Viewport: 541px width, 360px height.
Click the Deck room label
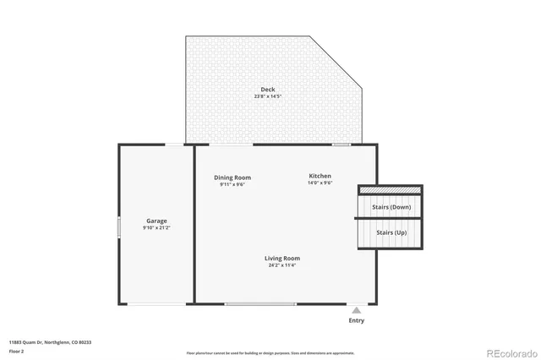click(x=267, y=90)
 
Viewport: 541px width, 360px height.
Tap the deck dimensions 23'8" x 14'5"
click(x=267, y=96)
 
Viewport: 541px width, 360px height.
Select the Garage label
click(x=156, y=221)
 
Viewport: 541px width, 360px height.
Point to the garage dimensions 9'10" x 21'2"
click(x=156, y=227)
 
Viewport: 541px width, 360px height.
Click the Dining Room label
click(x=232, y=177)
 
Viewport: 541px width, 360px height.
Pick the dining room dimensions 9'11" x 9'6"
click(x=232, y=184)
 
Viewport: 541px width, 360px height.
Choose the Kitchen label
click(x=320, y=176)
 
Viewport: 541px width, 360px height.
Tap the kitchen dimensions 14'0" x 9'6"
click(x=320, y=183)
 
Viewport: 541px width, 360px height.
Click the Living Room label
click(x=282, y=259)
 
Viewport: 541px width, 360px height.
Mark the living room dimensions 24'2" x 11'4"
click(x=282, y=265)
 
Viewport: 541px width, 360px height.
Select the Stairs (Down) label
click(x=391, y=207)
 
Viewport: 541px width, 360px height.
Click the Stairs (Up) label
click(x=391, y=232)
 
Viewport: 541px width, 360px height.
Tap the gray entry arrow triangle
click(x=357, y=310)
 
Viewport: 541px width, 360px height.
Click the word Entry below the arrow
click(x=357, y=320)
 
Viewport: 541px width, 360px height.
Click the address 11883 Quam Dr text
click(x=50, y=342)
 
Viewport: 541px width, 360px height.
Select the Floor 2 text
click(x=16, y=351)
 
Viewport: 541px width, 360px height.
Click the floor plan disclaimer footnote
click(x=270, y=353)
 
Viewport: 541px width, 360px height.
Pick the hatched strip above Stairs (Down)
click(x=390, y=190)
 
